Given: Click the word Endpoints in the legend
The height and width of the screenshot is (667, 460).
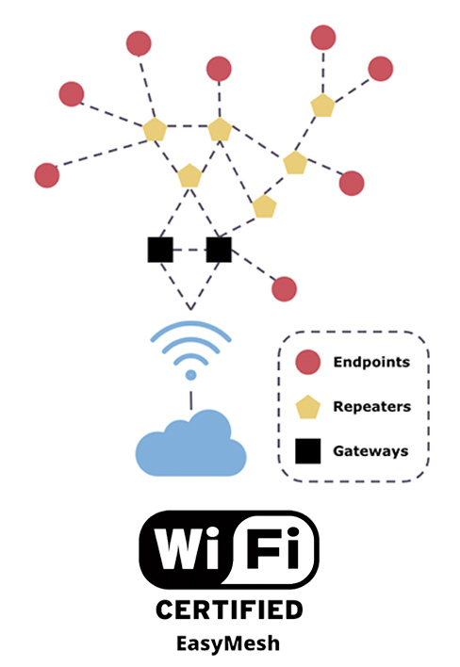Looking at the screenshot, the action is click(371, 362).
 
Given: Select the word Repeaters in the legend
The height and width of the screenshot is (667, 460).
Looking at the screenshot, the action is click(372, 407).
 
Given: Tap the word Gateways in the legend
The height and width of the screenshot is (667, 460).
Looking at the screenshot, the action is click(370, 451).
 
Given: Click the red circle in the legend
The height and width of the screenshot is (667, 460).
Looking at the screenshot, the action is click(307, 362).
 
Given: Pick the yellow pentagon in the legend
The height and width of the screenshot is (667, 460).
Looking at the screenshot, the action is click(307, 407).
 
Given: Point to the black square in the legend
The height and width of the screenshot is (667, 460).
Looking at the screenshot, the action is click(307, 451).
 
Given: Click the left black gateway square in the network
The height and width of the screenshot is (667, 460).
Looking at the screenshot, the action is click(160, 250).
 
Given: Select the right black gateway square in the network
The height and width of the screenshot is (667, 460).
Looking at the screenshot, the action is click(219, 250).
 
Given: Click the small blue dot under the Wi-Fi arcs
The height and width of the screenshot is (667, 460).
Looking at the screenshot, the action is click(191, 375).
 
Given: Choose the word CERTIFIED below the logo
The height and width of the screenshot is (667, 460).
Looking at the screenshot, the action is click(229, 610).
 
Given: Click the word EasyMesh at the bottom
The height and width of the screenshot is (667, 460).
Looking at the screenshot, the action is click(228, 643).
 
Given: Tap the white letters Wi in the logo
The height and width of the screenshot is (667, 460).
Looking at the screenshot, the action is click(188, 548).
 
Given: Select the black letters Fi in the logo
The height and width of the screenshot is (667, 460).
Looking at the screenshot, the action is click(272, 548).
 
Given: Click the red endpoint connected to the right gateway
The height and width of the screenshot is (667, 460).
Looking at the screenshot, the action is click(284, 289).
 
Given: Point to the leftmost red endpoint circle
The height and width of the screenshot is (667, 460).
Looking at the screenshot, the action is click(47, 175).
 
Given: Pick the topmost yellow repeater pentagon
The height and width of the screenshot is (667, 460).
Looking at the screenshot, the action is click(323, 106).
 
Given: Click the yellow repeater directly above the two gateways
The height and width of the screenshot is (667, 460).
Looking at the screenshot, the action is click(189, 175).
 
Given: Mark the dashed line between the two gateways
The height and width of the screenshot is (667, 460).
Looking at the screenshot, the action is click(189, 250).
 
